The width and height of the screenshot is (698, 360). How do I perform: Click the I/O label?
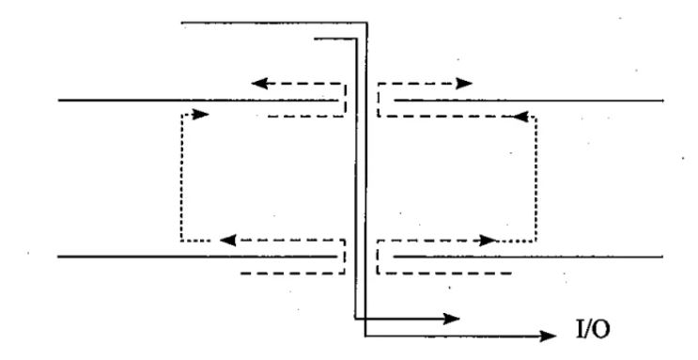[594, 330]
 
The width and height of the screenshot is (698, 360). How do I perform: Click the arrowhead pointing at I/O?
[548, 336]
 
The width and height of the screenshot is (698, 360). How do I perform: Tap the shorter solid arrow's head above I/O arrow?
[451, 319]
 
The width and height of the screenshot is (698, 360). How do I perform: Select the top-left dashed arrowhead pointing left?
[259, 84]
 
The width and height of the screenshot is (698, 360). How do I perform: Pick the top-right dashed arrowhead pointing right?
[464, 84]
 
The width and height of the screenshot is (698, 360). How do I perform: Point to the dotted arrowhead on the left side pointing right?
[201, 115]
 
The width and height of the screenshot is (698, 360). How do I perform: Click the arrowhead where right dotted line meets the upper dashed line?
[520, 117]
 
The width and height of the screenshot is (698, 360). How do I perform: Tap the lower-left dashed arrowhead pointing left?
[228, 241]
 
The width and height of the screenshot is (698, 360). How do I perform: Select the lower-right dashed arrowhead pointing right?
[488, 241]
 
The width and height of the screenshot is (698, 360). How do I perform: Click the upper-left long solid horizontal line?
[198, 101]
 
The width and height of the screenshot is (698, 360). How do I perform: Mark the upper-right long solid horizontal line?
[529, 101]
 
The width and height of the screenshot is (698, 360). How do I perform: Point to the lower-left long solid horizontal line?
[197, 257]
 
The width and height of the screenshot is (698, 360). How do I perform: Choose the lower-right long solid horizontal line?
[528, 257]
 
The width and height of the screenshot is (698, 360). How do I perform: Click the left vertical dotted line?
[181, 178]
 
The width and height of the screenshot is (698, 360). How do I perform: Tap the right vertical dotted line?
[536, 180]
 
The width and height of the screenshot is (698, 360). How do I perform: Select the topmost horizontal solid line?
[274, 23]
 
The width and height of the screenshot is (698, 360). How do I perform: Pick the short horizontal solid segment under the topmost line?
[335, 39]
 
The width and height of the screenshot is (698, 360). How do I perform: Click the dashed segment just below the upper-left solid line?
[306, 117]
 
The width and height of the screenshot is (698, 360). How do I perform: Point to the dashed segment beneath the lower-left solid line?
[292, 274]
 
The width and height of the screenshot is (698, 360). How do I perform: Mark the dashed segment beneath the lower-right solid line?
[444, 274]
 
